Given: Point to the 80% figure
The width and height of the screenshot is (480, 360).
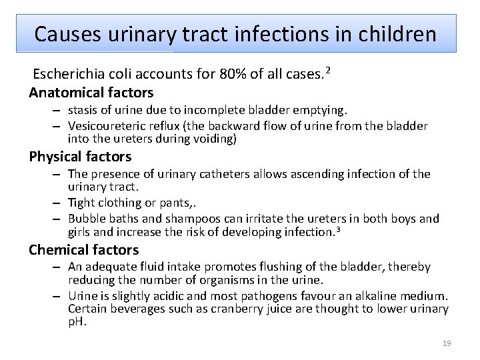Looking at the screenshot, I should point(232,74).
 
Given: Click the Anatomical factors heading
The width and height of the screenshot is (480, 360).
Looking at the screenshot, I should point(91,93).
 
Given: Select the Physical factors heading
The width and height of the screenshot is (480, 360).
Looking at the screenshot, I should point(80,157).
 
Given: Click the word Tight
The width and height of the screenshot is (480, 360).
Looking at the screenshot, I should point(81,203).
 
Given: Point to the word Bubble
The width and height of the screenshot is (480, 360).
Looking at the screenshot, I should point(85,219).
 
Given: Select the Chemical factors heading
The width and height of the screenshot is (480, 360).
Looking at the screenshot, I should point(84,250).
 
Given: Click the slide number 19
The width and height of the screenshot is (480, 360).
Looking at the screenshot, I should point(447,343).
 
